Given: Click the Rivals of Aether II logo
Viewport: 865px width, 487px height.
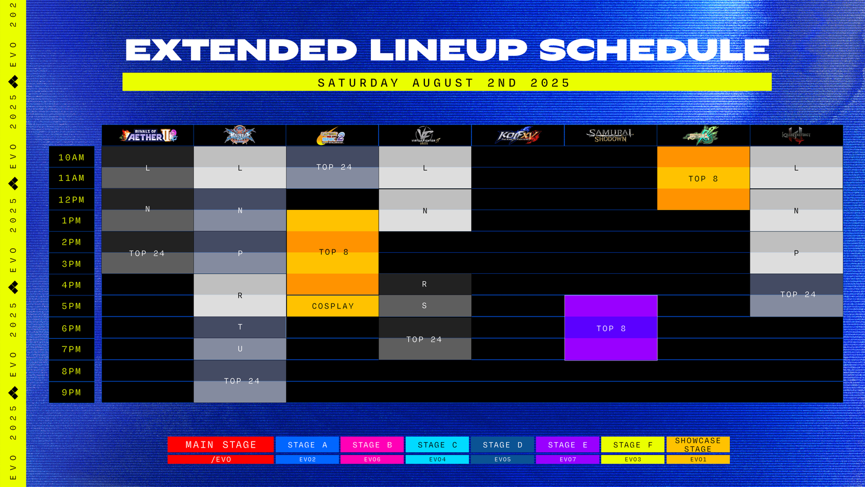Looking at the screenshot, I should pos(148,136).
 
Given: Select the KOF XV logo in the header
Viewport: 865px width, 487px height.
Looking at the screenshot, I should pos(518,136).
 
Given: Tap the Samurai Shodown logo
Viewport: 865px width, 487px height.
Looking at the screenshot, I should pos(610,136).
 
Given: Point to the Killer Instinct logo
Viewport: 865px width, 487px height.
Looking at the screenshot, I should pos(796,136).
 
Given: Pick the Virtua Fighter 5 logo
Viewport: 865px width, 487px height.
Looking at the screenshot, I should pos(425,136).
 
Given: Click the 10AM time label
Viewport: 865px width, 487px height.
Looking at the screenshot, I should pos(71,157).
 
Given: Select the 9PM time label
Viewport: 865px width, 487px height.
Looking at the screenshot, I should pos(71,392).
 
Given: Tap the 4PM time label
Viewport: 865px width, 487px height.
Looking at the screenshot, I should pos(71,285).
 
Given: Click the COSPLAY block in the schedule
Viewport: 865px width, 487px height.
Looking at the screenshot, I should pos(332,306).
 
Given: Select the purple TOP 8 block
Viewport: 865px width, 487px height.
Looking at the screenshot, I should pos(611,328).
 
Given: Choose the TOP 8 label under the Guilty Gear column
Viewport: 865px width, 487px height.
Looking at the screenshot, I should pos(703,179).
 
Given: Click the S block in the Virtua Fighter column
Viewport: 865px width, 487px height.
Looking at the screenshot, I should pos(424,306).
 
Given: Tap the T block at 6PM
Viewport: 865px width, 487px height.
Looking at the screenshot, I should pos(240,327).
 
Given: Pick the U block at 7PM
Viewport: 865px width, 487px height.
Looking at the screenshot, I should pos(240,349).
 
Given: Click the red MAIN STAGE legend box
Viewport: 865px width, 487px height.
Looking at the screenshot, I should pos(221,445).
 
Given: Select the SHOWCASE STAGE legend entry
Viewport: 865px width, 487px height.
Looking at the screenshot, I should pos(698,445).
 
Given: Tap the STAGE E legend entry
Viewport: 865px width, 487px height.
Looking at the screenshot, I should pos(568,445).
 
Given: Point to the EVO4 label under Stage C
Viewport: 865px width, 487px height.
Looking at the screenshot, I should pos(437,459).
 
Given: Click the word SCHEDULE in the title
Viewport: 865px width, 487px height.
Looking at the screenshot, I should pos(654,50).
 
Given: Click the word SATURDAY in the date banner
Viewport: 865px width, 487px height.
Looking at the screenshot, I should pos(358,83).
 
